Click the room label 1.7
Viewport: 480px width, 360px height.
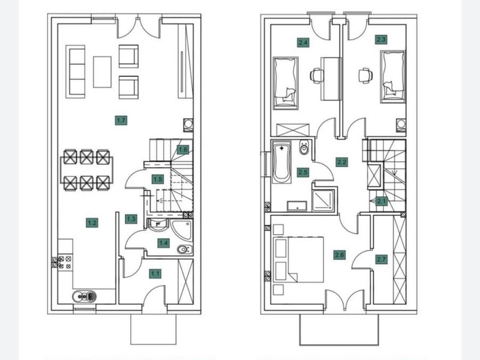121,121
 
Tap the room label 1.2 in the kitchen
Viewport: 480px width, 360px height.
92,223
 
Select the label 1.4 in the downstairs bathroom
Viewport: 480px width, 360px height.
163,244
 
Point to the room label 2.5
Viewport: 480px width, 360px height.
303,172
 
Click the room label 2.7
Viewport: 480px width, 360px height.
382,260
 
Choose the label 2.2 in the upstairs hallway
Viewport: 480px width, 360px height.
341,161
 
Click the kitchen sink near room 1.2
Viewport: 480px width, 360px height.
84,296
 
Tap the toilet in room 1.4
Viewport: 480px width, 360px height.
185,250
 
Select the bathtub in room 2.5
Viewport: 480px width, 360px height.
281,164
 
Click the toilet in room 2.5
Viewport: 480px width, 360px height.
304,148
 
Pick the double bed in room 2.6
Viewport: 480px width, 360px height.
299,260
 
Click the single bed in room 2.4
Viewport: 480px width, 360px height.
286,83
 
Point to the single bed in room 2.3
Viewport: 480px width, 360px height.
393,77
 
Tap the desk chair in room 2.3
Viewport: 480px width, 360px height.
365,76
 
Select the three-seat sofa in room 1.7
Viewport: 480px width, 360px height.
76,72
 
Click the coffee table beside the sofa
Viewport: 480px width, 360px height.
102,72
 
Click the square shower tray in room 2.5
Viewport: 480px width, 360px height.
323,200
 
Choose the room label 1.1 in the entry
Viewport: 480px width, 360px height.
155,274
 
